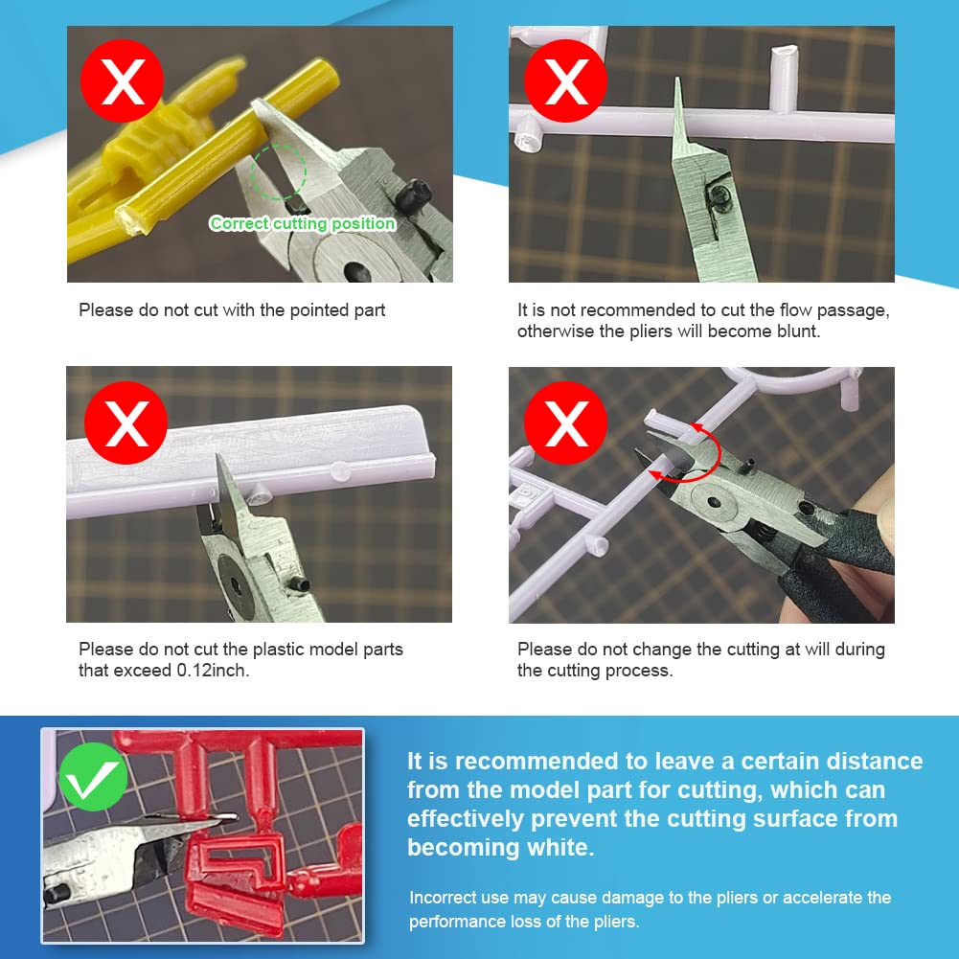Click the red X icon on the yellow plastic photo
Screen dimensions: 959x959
(x=123, y=80)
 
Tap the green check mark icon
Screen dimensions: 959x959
(x=93, y=777)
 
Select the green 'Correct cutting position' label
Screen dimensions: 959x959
(x=302, y=223)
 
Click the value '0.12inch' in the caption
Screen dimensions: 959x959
(x=212, y=671)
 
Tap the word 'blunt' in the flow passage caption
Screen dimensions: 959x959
(x=797, y=331)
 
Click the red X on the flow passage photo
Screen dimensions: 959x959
(x=565, y=80)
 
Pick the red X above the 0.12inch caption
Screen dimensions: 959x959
(x=126, y=422)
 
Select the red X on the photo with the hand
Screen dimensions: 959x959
(x=565, y=422)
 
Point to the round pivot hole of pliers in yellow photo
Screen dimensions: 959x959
(x=356, y=270)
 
